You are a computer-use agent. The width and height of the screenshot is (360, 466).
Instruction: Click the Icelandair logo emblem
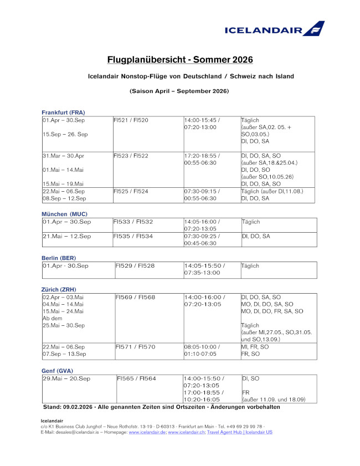coord(314,28)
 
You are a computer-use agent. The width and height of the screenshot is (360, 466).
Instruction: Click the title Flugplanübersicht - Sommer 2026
coord(179,59)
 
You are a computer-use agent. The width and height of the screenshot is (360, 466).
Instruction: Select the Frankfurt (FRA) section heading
coord(63,112)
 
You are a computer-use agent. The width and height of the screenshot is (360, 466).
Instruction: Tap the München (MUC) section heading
coord(64,214)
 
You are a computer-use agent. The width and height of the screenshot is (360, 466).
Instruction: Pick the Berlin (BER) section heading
coord(59,258)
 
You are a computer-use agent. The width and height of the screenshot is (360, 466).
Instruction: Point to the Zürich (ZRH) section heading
coord(59,289)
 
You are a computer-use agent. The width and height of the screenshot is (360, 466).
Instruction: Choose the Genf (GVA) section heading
coord(57,370)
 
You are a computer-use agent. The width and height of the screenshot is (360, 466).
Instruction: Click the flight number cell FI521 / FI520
coord(131,120)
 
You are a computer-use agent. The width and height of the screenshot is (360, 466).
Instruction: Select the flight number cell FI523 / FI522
coord(131,156)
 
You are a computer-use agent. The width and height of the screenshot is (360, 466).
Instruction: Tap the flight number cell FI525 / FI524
coord(131,191)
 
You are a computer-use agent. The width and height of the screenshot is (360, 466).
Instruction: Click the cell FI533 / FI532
coord(133,222)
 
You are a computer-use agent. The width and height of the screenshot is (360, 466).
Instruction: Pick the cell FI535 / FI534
coord(133,236)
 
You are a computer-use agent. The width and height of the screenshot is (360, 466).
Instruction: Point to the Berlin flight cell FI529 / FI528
coord(135,266)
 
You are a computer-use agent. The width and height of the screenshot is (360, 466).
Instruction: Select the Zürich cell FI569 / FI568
coord(135,298)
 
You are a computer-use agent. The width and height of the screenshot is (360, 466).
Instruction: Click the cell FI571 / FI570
coord(135,347)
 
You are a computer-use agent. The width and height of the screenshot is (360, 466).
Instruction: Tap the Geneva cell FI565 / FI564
coord(136,378)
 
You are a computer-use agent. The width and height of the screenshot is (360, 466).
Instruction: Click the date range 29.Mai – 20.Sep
coord(66,378)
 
